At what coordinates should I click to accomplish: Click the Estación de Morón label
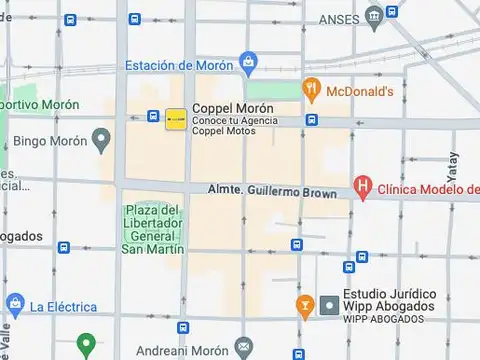(179, 66)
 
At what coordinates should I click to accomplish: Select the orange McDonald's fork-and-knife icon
(312, 89)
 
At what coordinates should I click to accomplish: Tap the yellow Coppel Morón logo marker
(175, 119)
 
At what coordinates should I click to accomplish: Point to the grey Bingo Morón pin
(100, 139)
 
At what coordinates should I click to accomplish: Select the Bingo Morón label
(47, 141)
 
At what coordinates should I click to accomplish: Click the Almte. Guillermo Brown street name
(271, 189)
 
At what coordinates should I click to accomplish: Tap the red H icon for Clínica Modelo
(363, 188)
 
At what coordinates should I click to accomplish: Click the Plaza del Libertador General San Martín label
(152, 229)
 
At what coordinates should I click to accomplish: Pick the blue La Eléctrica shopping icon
(14, 304)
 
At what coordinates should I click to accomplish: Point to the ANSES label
(339, 19)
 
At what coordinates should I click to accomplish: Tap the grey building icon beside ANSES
(374, 15)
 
